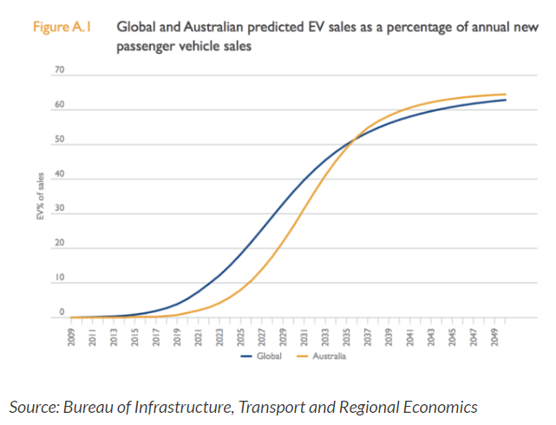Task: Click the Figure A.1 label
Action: pyautogui.click(x=61, y=27)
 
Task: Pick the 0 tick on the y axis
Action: pyautogui.click(x=62, y=312)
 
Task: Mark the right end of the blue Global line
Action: pyautogui.click(x=506, y=100)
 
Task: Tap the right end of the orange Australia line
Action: pyautogui.click(x=506, y=95)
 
